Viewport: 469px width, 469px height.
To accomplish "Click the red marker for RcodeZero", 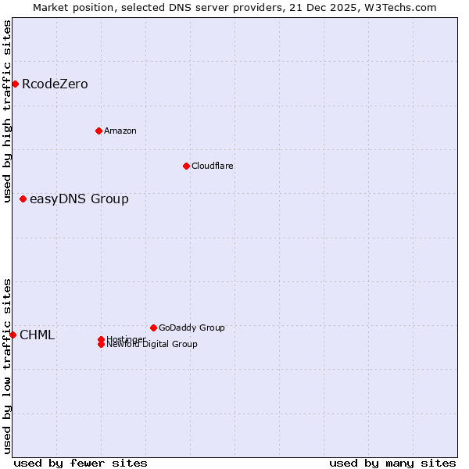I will [x=15, y=84].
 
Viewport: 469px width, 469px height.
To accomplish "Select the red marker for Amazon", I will [x=98, y=131].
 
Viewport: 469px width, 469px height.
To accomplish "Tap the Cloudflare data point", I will [x=186, y=166].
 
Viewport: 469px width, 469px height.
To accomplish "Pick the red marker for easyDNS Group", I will [x=23, y=199].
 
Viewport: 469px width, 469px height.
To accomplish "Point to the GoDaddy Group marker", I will [x=153, y=328].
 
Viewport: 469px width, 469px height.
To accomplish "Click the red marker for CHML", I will [x=13, y=335].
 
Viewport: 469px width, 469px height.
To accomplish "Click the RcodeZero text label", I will [x=55, y=84].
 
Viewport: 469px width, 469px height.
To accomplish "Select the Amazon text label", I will [x=120, y=131].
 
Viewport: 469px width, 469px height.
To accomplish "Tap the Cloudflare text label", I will [x=213, y=166].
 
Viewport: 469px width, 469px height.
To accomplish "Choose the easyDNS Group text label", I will [x=79, y=199].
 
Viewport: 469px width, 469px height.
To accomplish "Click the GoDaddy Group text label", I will [x=192, y=328].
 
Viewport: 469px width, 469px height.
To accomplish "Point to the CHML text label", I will [x=37, y=335].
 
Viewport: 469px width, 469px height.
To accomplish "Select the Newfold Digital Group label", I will [x=152, y=344].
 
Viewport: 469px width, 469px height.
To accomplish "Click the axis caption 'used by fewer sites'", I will [x=81, y=463].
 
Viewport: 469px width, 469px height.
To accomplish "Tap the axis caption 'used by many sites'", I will [x=392, y=463].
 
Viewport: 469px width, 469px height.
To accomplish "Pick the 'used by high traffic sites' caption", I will [x=7, y=111].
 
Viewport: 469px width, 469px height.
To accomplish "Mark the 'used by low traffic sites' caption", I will [x=7, y=366].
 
